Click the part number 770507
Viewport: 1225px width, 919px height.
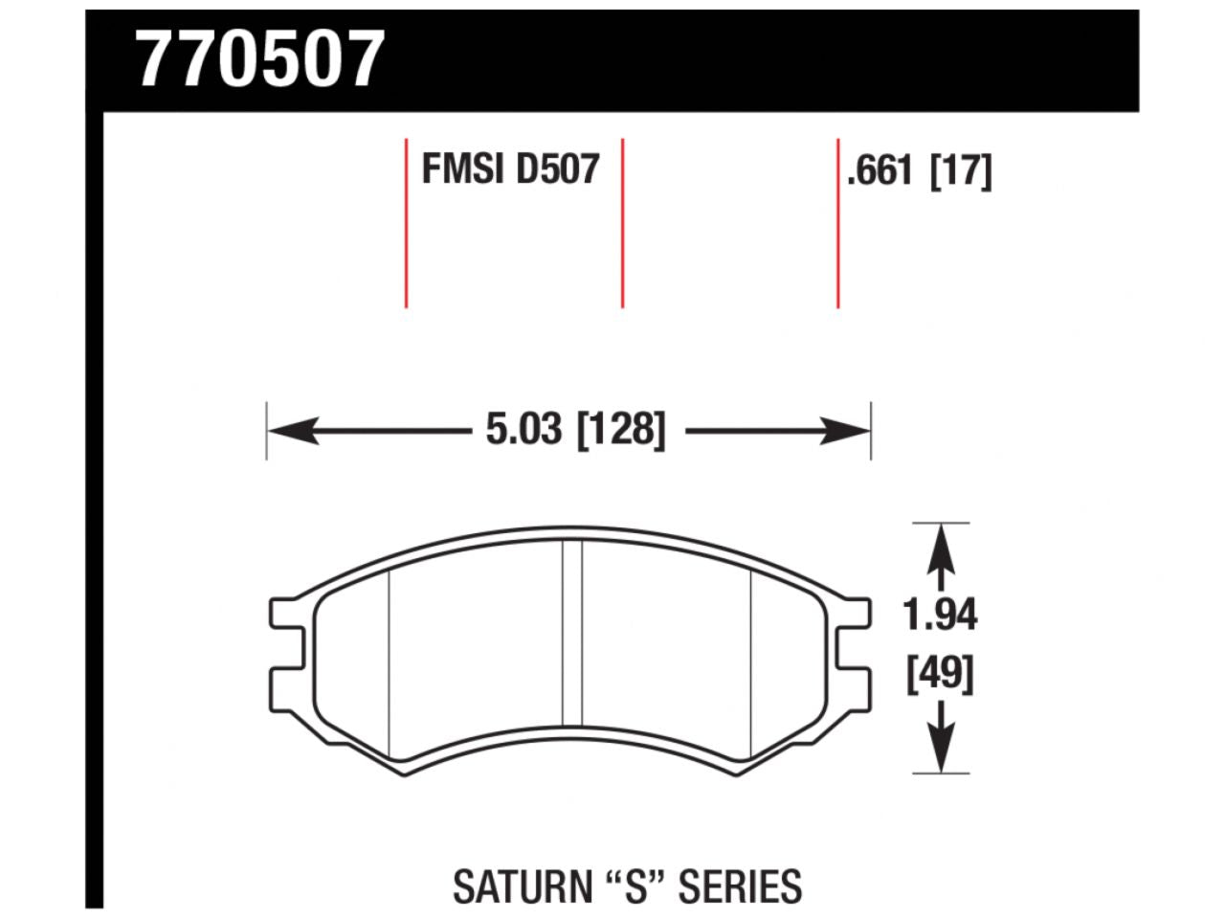[260, 59]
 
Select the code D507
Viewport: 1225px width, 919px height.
[557, 170]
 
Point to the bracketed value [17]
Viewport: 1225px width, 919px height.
[961, 172]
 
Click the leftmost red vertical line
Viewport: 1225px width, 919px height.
[407, 224]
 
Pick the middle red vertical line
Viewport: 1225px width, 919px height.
[622, 224]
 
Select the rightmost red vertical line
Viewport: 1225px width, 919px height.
[838, 224]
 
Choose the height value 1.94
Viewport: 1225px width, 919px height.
[941, 616]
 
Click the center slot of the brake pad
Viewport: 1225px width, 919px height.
[571, 632]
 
